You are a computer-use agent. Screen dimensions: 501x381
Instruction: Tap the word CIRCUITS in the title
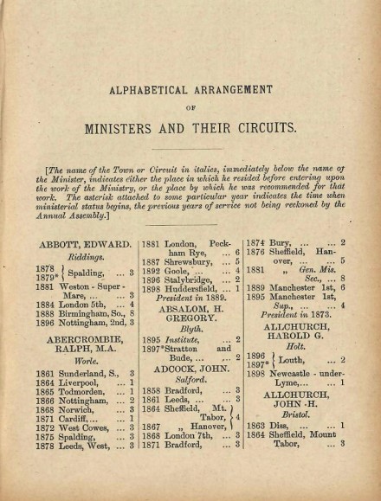pyautogui.click(x=268, y=128)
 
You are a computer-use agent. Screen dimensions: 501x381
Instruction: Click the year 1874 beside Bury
pyautogui.click(x=256, y=243)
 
